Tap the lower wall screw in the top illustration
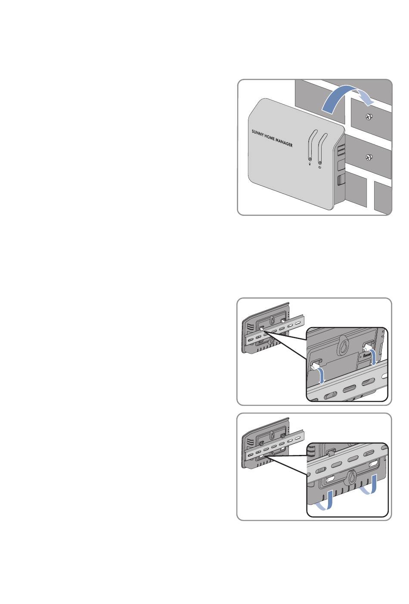(x=369, y=157)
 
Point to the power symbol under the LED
(x=320, y=168)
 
